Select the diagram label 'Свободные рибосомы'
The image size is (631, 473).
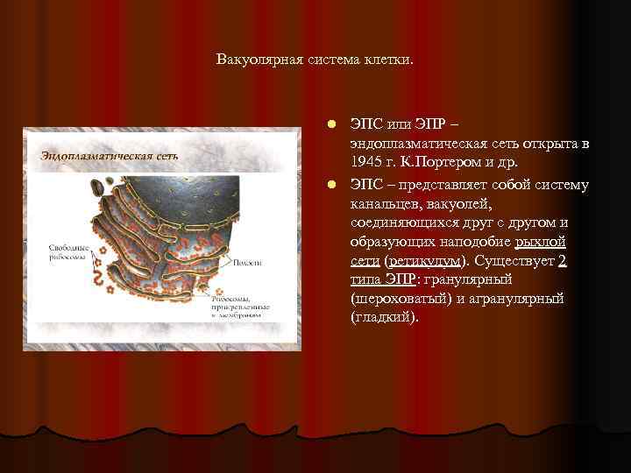pos(67,252)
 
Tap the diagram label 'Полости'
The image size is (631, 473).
pos(248,261)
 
